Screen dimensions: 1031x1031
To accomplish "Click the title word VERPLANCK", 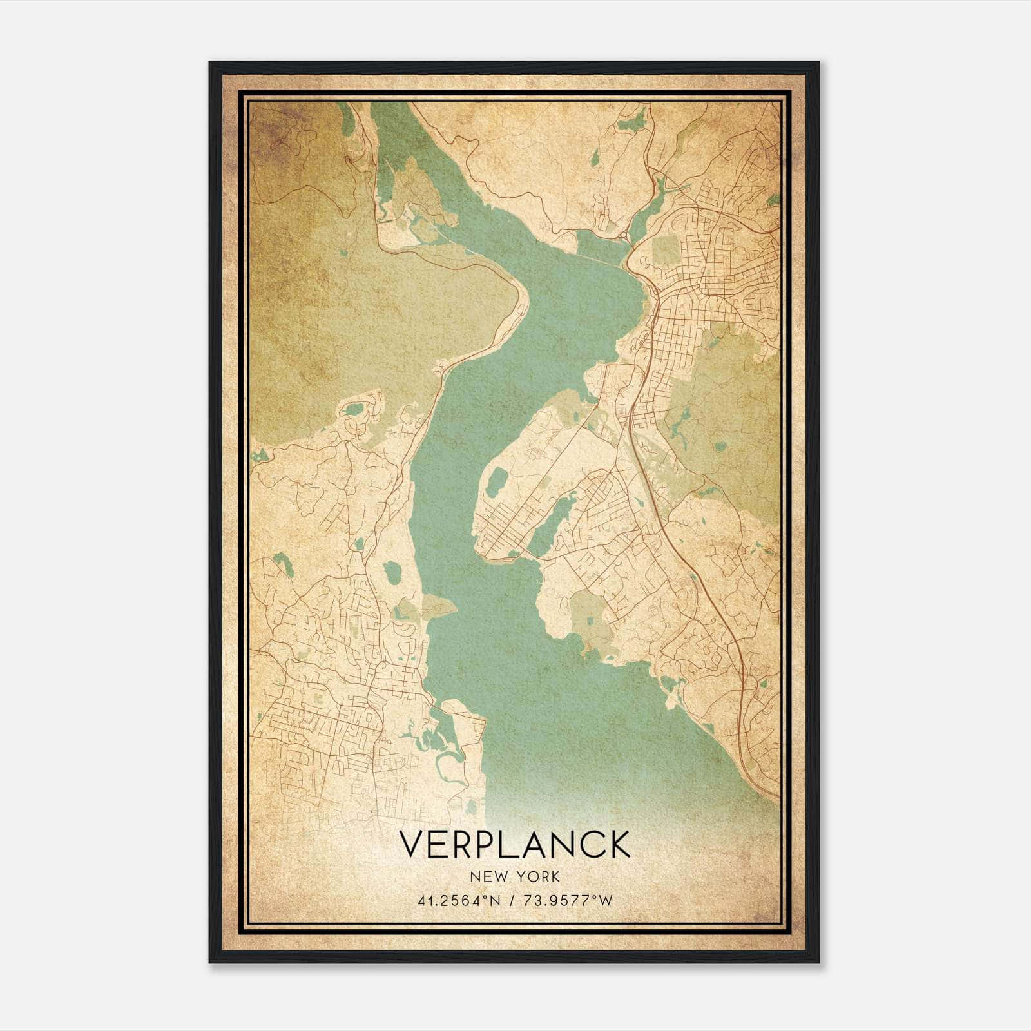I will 515,844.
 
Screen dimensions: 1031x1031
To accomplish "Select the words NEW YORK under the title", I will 515,876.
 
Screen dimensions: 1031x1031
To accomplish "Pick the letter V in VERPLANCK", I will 412,844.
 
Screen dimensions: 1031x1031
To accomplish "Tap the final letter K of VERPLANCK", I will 617,844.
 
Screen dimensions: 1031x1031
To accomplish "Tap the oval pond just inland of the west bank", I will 391,572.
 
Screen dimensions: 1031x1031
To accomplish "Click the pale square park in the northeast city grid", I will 666,251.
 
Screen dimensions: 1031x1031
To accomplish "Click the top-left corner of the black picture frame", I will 211,63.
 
